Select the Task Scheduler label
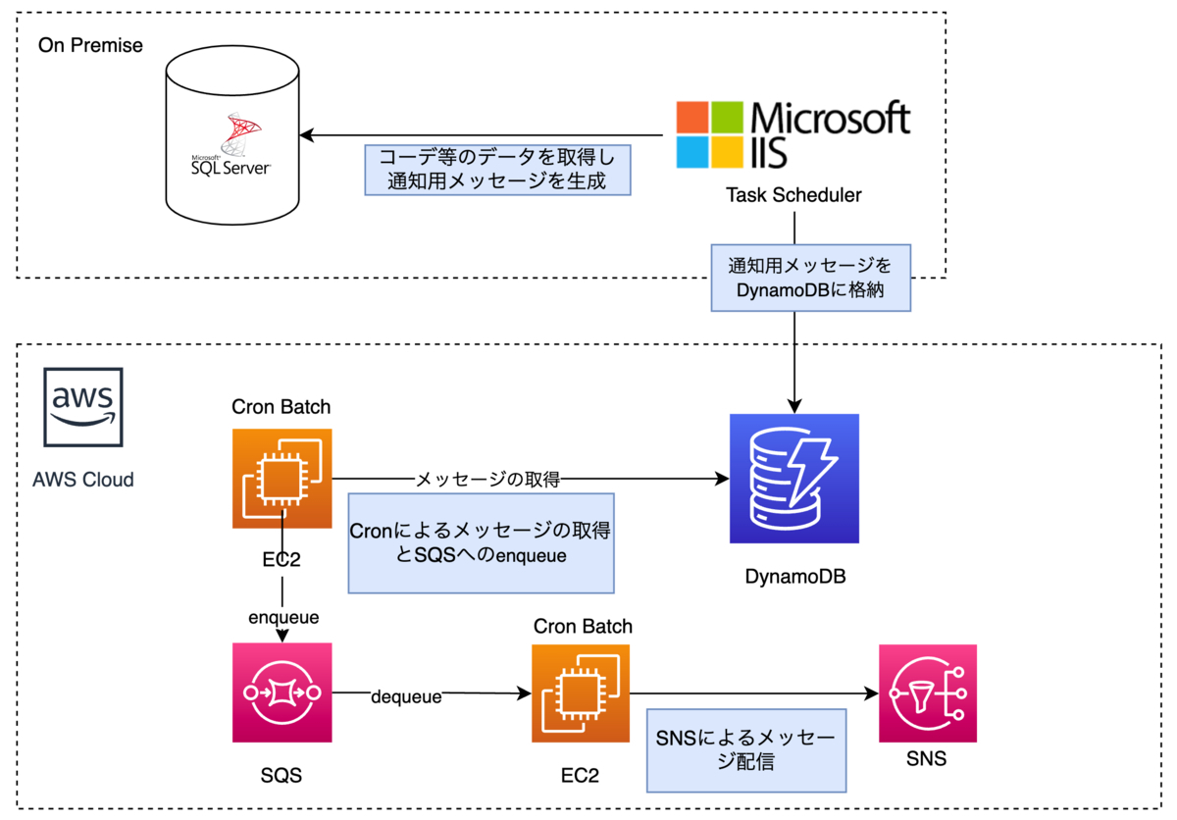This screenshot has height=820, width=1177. pyautogui.click(x=793, y=195)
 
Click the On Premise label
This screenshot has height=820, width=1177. pyautogui.click(x=90, y=45)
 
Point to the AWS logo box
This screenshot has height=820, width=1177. pyautogui.click(x=83, y=408)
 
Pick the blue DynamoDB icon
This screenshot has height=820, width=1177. pyautogui.click(x=794, y=479)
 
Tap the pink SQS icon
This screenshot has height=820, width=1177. pyautogui.click(x=282, y=692)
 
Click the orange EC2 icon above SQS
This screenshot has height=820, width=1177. pyautogui.click(x=282, y=478)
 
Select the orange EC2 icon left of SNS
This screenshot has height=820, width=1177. pyautogui.click(x=582, y=692)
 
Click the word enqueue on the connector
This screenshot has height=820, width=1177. pyautogui.click(x=282, y=619)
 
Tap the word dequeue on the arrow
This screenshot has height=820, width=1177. pyautogui.click(x=406, y=697)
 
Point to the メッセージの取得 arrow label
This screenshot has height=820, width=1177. pyautogui.click(x=487, y=480)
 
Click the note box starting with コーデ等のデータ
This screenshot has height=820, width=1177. pyautogui.click(x=495, y=170)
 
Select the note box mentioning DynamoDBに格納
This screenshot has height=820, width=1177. pyautogui.click(x=810, y=278)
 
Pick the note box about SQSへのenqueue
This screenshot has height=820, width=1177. pyautogui.click(x=481, y=542)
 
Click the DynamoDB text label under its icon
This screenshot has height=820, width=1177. pyautogui.click(x=794, y=577)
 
